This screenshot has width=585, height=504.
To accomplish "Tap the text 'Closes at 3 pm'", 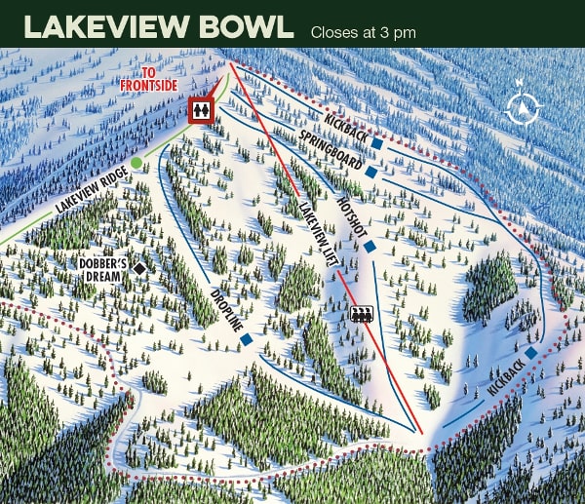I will [x=363, y=32].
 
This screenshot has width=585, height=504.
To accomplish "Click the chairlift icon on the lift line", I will [x=363, y=314].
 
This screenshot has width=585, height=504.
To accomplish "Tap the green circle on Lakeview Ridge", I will [x=136, y=161].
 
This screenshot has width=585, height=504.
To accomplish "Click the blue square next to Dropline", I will [x=247, y=339].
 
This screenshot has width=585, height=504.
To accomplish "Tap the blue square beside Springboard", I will [x=370, y=173].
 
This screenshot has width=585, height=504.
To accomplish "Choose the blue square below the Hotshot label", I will [x=370, y=246].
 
